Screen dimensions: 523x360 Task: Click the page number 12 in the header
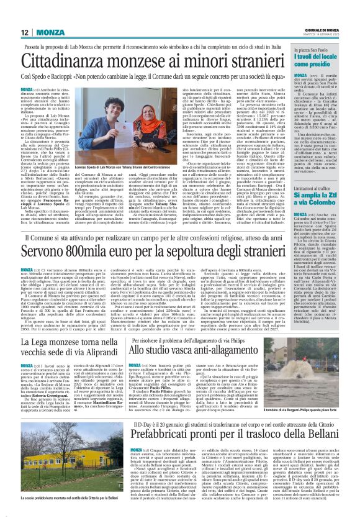point(25,32)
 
